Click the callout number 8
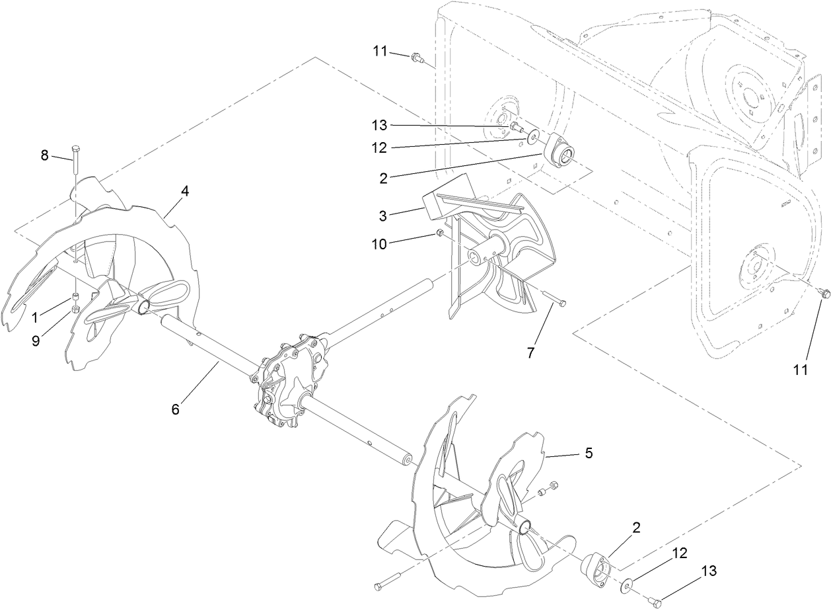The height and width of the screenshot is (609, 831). point(45,155)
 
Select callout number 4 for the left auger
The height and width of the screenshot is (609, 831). point(185,190)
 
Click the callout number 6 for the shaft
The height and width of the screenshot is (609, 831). point(175,409)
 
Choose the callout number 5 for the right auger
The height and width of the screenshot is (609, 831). point(589,454)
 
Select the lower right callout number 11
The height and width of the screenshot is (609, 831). point(800,370)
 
